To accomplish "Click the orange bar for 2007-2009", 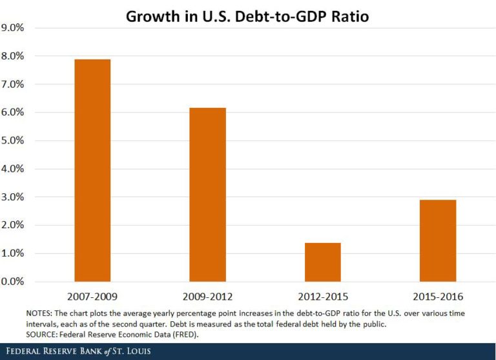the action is coord(92,171).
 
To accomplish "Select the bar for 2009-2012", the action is coord(207,195).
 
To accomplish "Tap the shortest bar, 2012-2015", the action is coord(323,262).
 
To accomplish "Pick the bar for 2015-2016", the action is coord(438,240).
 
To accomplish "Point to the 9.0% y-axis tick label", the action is coord(13,28).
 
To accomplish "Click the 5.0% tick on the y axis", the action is coord(13,141).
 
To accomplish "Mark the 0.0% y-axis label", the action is coord(13,282).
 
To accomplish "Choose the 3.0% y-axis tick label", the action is coord(13,197).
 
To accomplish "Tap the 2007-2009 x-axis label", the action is coord(92,297).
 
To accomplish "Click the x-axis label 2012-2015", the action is coord(323,297).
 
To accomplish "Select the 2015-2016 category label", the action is coord(438,297).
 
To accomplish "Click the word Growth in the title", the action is coord(153,16).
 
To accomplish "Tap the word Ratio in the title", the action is coord(350,16).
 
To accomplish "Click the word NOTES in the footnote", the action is coord(39,313).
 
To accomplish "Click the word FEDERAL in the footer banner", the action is coord(23,351).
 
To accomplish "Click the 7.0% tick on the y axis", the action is coord(13,84).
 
